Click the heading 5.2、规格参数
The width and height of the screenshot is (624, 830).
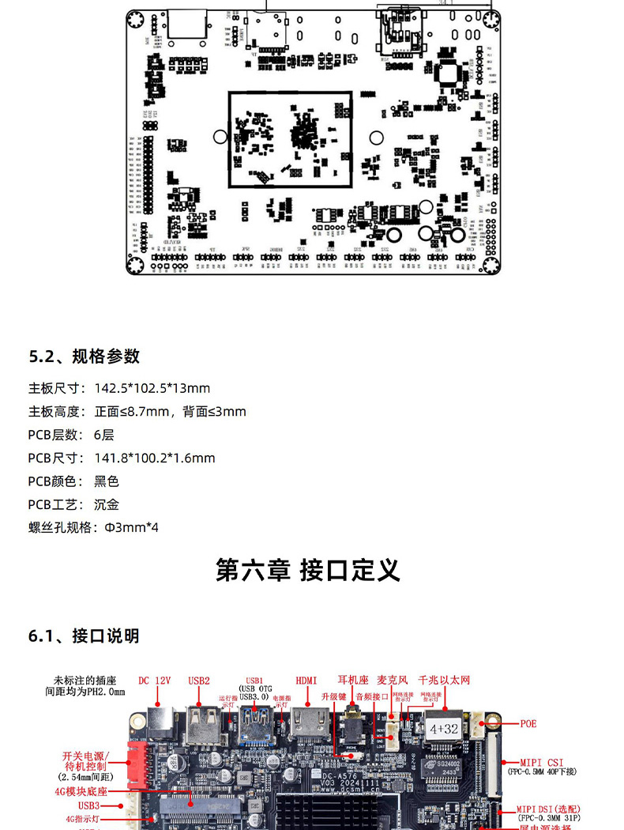click(x=85, y=356)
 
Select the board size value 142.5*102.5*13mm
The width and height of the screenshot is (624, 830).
click(x=152, y=388)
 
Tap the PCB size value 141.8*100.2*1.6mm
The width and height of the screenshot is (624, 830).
click(x=155, y=458)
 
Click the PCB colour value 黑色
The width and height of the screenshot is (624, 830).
click(x=107, y=481)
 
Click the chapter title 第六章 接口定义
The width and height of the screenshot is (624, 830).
click(x=308, y=570)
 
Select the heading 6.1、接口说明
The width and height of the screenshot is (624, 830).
click(x=85, y=636)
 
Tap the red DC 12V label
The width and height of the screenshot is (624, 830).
click(x=155, y=680)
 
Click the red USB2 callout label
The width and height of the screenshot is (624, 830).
click(x=199, y=680)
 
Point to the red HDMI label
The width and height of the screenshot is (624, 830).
click(x=306, y=680)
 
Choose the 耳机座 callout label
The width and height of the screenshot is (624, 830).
click(x=353, y=679)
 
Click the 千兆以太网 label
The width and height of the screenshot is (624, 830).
click(x=444, y=679)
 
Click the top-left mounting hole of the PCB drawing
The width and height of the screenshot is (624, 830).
click(x=136, y=20)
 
